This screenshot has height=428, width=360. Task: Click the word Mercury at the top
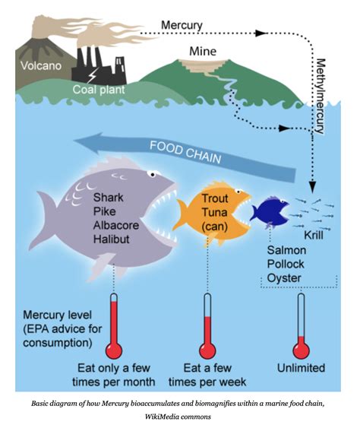click(x=182, y=25)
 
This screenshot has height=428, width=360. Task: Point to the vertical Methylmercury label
click(x=320, y=95)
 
